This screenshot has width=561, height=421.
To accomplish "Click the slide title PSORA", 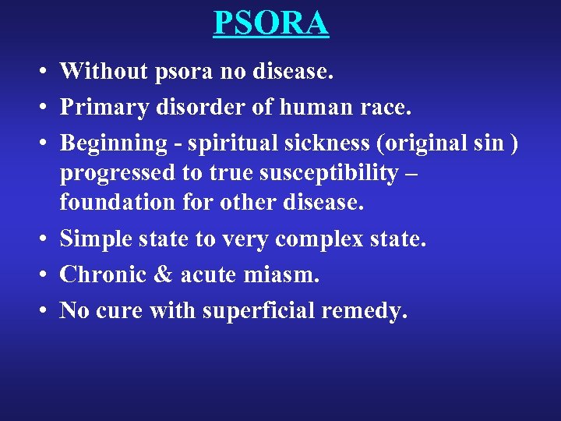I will point(271,23).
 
